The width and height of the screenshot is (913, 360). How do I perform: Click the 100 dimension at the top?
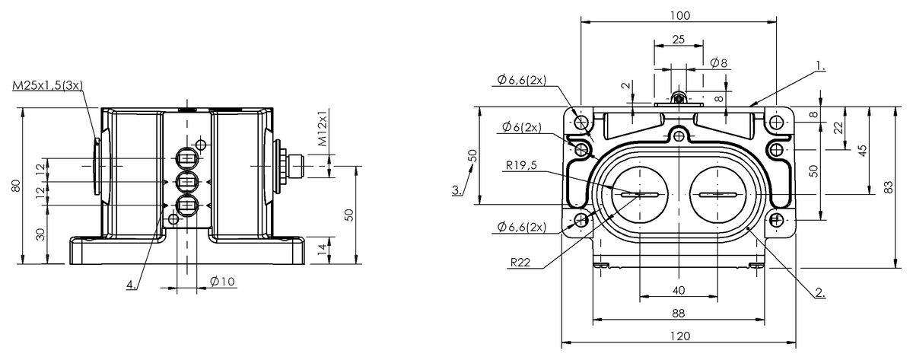pos(679,15)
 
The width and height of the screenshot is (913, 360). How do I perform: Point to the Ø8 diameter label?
pos(717,62)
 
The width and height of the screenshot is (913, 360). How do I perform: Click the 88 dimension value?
pos(679,313)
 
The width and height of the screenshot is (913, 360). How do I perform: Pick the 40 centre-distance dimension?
pos(679,290)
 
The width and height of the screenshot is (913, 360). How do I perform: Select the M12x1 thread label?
pos(323,128)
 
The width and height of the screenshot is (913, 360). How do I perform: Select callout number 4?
pos(132,285)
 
